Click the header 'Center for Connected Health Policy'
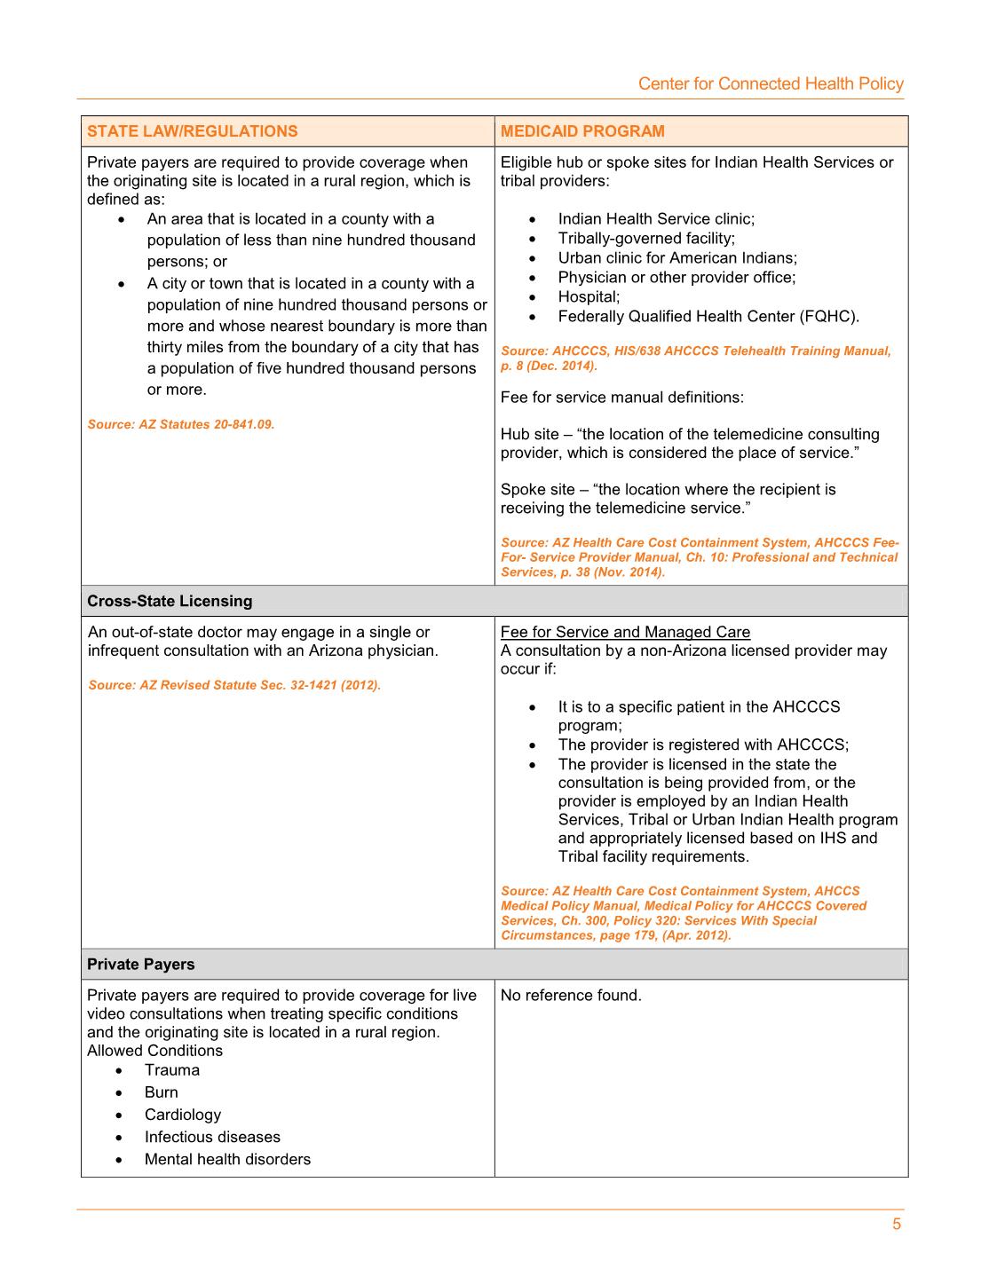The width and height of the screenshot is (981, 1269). (771, 83)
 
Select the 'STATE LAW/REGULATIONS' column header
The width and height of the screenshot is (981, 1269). (193, 131)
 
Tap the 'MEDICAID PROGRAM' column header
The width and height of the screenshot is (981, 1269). (582, 131)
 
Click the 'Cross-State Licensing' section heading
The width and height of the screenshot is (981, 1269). (170, 601)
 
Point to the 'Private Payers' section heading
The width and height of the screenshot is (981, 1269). (140, 964)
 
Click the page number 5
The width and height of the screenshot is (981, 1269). (897, 1224)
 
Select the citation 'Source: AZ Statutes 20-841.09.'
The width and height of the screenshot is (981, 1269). (181, 424)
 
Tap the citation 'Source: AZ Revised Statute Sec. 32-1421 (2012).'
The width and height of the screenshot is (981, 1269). (234, 685)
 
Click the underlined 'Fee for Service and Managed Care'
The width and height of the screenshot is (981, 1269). (625, 632)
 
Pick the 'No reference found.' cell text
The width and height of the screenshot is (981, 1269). (571, 995)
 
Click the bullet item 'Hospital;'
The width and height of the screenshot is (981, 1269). (589, 296)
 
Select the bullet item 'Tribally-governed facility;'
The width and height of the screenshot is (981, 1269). (646, 238)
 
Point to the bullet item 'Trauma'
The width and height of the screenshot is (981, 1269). (172, 1070)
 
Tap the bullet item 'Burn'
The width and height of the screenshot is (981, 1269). (162, 1092)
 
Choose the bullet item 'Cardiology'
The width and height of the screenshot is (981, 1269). (183, 1115)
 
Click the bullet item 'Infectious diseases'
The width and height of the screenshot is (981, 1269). (212, 1137)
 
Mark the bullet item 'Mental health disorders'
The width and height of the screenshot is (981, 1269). (227, 1159)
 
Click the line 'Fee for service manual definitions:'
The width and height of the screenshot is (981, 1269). (622, 397)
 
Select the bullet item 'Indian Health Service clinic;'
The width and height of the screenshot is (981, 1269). (656, 218)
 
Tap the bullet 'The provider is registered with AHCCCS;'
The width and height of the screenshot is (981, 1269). (703, 745)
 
